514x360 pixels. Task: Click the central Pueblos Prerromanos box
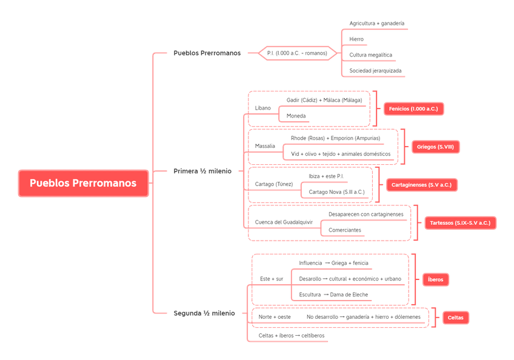(x=83, y=182)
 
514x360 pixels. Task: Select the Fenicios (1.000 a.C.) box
(x=414, y=108)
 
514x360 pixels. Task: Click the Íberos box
(x=435, y=279)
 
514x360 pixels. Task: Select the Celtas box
(x=455, y=318)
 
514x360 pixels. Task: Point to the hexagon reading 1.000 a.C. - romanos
(x=297, y=53)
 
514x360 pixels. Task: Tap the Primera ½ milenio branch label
(x=202, y=172)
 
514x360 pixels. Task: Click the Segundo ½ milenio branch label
(x=203, y=313)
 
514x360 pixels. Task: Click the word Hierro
(x=357, y=39)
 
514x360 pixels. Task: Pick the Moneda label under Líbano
(x=296, y=115)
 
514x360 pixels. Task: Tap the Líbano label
(x=262, y=108)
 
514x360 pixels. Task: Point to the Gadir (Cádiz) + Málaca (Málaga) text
(x=324, y=100)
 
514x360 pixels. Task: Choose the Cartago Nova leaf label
(x=336, y=192)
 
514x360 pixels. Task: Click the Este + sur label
(x=271, y=278)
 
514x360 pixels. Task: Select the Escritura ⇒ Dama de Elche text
(x=334, y=294)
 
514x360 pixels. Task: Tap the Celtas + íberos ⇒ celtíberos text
(x=291, y=335)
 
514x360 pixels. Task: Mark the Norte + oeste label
(x=274, y=317)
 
